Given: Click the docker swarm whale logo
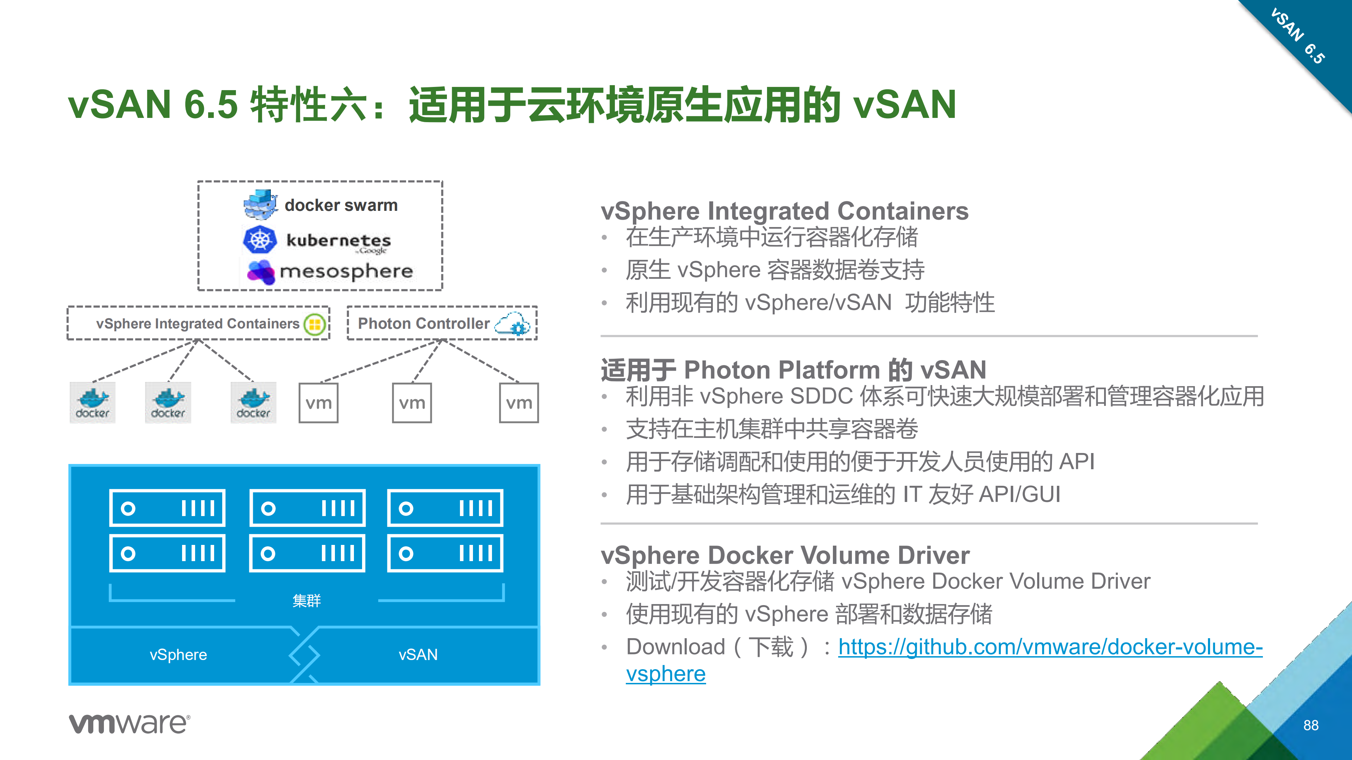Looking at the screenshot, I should point(260,205).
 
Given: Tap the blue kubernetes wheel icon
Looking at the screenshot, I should point(260,240).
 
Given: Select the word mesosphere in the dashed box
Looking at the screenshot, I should point(347,271).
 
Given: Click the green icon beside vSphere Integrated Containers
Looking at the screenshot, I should point(315,324).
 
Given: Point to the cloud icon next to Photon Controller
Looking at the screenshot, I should point(513,323).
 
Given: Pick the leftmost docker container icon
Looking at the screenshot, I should point(92,403).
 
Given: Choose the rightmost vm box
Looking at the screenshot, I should point(518,403).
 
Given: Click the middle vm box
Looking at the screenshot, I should point(412,403).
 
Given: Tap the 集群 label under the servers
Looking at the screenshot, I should point(306,600).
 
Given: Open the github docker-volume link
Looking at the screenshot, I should point(1050,647).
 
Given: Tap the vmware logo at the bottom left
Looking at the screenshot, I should point(129,723).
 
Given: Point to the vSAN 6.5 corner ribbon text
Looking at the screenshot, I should point(1297,36).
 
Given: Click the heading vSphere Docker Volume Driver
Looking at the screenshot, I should point(785,555).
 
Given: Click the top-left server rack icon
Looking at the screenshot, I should point(167,508).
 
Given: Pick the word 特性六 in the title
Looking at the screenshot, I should point(308,105).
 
